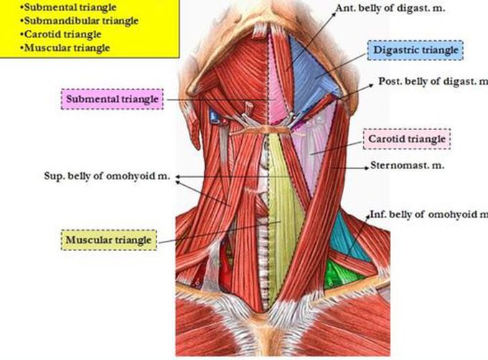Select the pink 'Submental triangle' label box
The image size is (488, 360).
[x=113, y=97]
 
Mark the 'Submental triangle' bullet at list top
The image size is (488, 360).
[x=61, y=7]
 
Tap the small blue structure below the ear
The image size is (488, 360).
[x=213, y=115]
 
